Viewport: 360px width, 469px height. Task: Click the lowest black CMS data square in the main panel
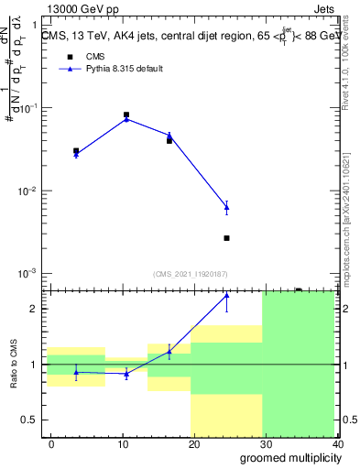(226, 238)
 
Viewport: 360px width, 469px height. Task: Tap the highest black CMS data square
(125, 115)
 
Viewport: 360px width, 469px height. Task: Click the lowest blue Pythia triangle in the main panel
(226, 208)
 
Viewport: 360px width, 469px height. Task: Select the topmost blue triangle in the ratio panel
(226, 295)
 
